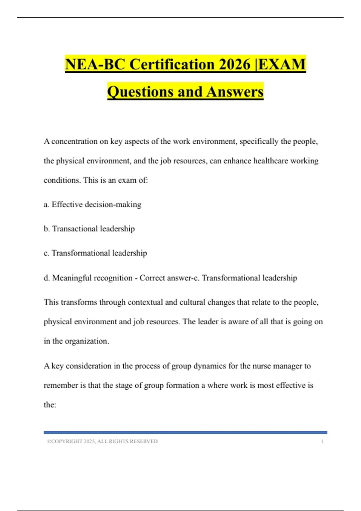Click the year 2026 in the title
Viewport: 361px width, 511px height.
click(x=235, y=64)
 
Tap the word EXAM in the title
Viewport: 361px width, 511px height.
click(x=282, y=64)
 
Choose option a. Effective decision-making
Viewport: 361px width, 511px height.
click(x=92, y=204)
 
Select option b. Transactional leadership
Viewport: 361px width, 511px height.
click(x=89, y=229)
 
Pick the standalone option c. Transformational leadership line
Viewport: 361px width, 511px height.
click(x=95, y=253)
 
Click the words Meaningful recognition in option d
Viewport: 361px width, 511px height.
click(x=92, y=278)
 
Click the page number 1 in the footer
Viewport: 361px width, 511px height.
click(x=322, y=442)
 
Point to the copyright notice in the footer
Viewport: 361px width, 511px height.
click(x=102, y=442)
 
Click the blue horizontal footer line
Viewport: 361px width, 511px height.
click(x=185, y=433)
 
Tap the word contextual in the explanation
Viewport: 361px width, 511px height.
click(x=145, y=302)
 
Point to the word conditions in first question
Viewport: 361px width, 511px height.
click(x=62, y=180)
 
